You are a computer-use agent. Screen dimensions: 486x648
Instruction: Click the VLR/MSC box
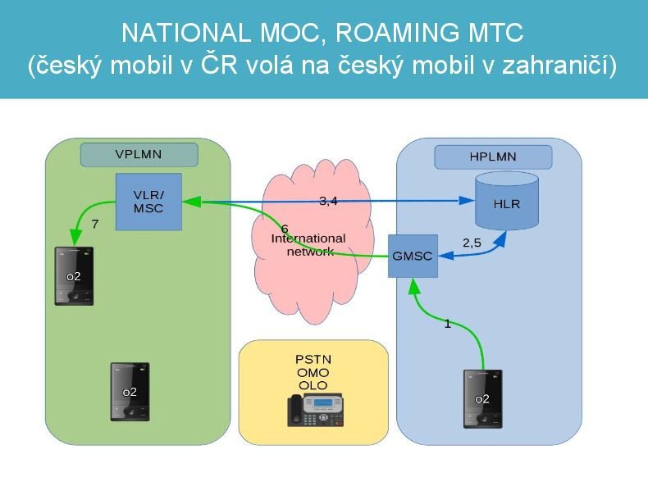click(x=148, y=201)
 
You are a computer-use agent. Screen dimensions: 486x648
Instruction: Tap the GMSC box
click(x=413, y=256)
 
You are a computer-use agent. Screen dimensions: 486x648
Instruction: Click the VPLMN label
click(x=139, y=154)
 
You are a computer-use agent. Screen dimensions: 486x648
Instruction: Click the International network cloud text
click(x=309, y=244)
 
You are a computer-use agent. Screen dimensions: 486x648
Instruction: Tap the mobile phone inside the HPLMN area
click(x=482, y=399)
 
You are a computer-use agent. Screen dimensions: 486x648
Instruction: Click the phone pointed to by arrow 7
click(x=74, y=275)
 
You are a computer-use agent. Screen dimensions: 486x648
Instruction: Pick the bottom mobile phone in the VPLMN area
click(x=130, y=392)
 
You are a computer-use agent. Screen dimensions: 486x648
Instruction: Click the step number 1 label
click(x=447, y=324)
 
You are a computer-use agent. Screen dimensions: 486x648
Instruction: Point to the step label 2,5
click(x=472, y=242)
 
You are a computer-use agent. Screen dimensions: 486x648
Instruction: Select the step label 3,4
click(x=328, y=202)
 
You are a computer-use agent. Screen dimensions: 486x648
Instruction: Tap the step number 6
click(x=284, y=228)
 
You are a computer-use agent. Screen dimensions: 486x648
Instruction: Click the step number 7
click(x=95, y=224)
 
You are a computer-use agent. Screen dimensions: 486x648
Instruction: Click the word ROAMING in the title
click(x=387, y=33)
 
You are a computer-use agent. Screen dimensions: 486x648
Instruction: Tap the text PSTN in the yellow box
click(x=313, y=360)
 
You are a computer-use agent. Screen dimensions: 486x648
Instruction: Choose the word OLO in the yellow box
click(x=313, y=384)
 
